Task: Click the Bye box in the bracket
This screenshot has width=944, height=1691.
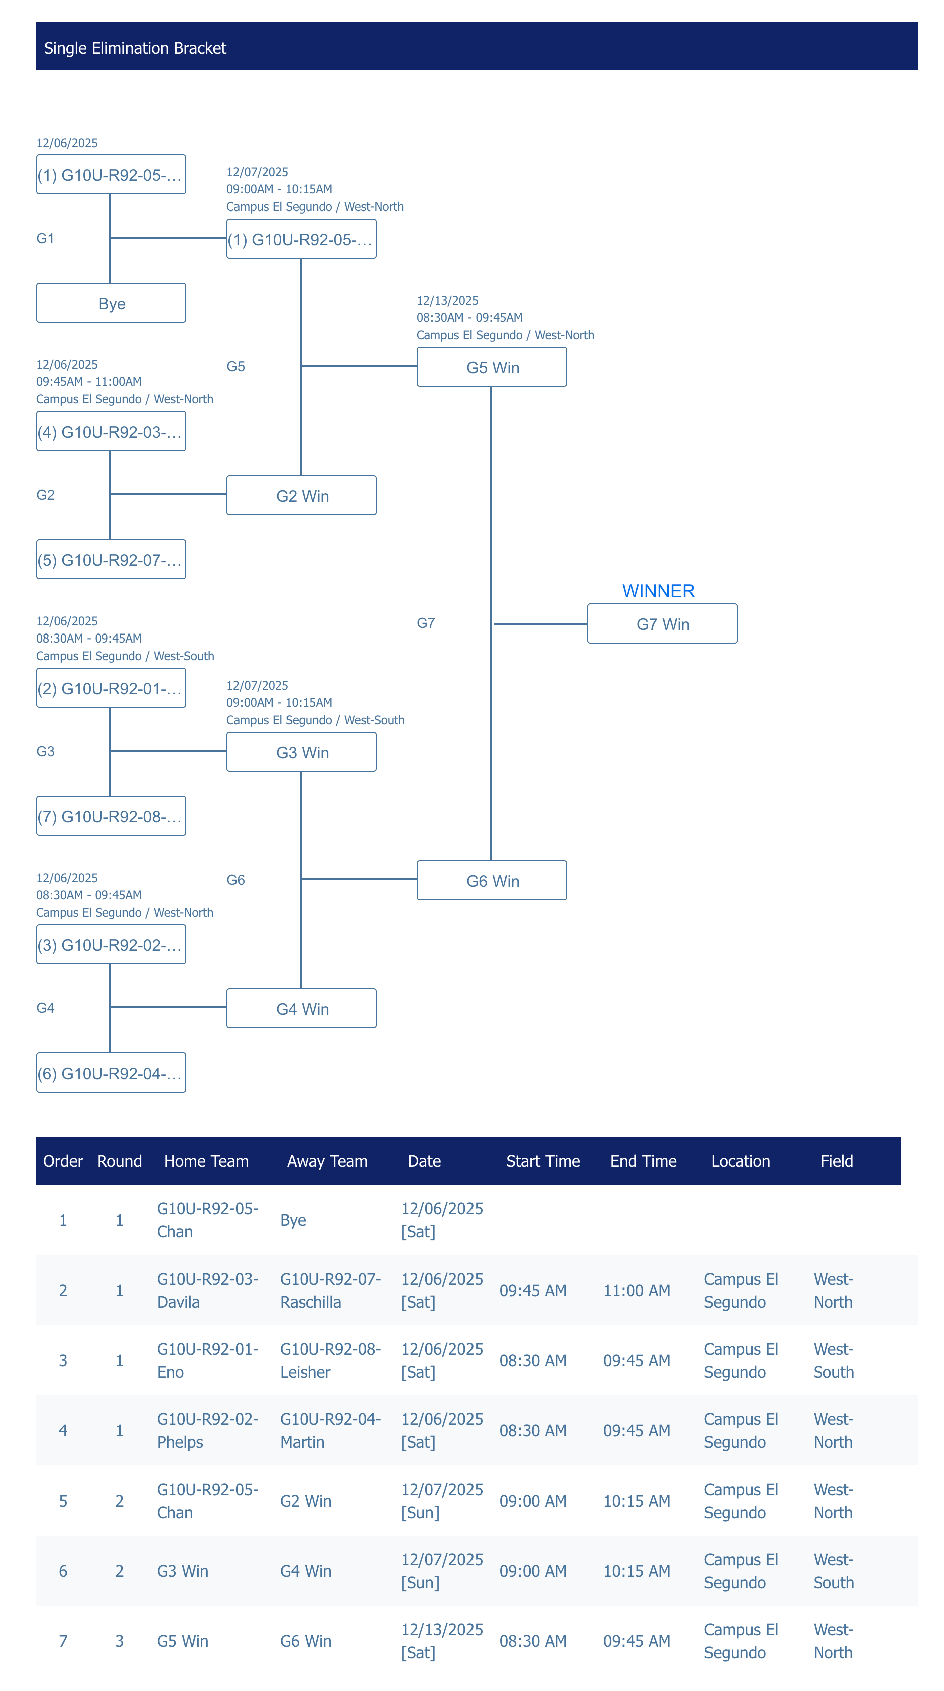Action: click(x=111, y=303)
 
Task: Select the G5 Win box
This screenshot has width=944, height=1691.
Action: click(x=492, y=367)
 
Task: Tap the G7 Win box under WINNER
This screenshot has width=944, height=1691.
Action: click(x=662, y=623)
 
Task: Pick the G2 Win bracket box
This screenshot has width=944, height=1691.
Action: click(x=301, y=496)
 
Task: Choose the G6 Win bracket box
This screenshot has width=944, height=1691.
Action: click(x=492, y=880)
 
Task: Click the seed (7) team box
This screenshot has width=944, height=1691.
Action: click(x=111, y=816)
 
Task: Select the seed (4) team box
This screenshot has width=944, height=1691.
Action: click(x=111, y=432)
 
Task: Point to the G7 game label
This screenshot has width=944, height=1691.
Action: click(x=426, y=623)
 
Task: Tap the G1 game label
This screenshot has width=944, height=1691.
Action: click(x=45, y=238)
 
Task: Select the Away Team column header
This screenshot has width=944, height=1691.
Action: click(x=327, y=1161)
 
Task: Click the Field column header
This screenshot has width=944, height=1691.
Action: click(x=836, y=1161)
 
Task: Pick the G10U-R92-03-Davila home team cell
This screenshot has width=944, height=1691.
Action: click(x=207, y=1290)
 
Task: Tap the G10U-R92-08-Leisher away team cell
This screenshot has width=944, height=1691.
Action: click(x=330, y=1360)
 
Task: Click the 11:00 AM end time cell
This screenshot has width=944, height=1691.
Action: click(x=636, y=1291)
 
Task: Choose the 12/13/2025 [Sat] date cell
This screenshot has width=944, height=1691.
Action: click(x=442, y=1640)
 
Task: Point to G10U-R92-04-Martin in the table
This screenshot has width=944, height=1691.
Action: click(x=330, y=1430)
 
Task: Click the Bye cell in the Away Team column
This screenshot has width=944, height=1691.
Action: click(x=293, y=1220)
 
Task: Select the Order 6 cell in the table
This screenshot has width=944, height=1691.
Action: click(x=63, y=1571)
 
